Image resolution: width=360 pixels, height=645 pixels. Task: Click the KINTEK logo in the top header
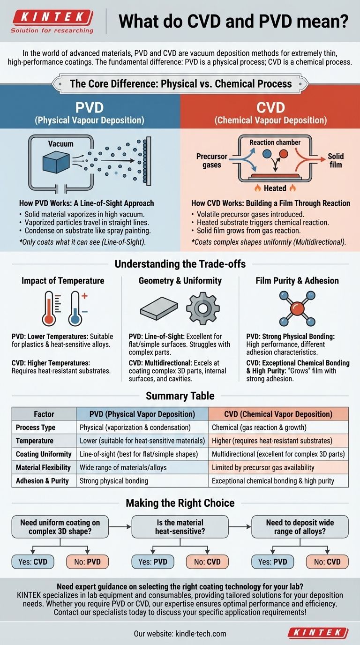click(x=52, y=21)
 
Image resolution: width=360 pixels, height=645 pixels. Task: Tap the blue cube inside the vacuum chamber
click(x=56, y=162)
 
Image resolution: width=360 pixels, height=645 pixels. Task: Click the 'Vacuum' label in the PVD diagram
click(x=61, y=144)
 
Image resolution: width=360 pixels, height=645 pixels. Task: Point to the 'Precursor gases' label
click(x=212, y=160)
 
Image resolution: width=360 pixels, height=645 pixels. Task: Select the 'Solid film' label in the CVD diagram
click(x=336, y=160)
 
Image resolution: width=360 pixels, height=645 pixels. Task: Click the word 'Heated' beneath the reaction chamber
click(x=275, y=188)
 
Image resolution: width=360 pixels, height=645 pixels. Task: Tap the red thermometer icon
click(x=50, y=308)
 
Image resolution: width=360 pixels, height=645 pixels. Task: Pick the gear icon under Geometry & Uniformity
click(x=203, y=308)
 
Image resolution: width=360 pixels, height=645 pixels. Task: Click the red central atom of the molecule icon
click(x=297, y=308)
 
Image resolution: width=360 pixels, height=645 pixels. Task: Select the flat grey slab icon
click(x=159, y=309)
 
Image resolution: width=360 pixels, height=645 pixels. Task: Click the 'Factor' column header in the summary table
click(x=44, y=414)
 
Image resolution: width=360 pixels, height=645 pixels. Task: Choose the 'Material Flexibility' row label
click(x=43, y=467)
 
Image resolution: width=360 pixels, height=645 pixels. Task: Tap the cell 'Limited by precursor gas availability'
click(x=263, y=467)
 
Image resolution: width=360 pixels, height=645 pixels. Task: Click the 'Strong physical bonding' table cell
click(x=114, y=480)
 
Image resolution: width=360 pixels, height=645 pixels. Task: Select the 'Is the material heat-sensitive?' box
click(x=180, y=527)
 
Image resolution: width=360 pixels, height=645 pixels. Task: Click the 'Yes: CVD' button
click(x=33, y=562)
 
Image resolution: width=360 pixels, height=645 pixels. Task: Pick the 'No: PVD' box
click(x=87, y=562)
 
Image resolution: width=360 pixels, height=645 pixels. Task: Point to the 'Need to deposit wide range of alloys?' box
click(x=300, y=527)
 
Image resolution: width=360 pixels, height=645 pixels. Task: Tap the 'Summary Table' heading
click(x=180, y=396)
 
